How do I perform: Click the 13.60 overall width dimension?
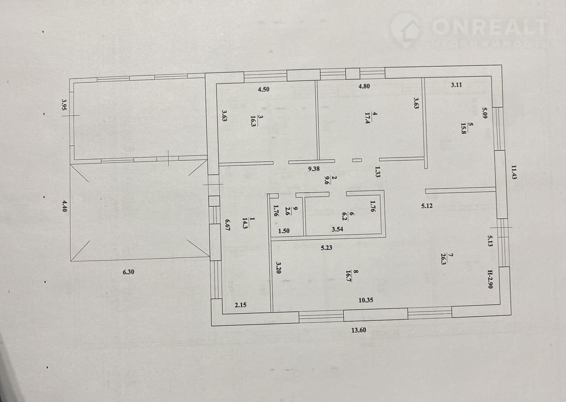[359, 330]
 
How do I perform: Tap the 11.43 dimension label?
[514, 172]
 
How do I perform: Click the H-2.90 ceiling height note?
[490, 279]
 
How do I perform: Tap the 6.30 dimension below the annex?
[128, 272]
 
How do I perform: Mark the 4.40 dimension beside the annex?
[65, 206]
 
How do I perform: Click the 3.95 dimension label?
[64, 104]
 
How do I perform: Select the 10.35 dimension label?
[366, 300]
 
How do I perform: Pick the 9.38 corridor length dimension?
[314, 169]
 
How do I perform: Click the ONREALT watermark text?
[489, 27]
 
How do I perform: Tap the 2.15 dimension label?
[241, 305]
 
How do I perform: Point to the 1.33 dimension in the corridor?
[378, 171]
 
